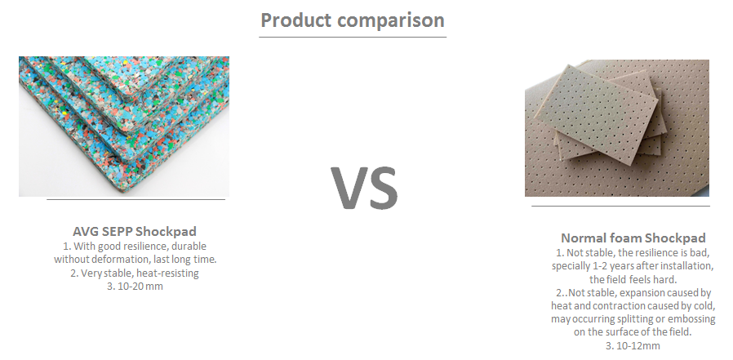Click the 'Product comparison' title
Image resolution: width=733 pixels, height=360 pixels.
click(x=353, y=20)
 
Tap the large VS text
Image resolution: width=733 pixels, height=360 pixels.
click(x=365, y=188)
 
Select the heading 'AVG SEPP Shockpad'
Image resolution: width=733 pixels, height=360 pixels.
click(x=135, y=232)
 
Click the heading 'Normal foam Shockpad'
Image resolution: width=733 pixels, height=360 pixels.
click(x=633, y=238)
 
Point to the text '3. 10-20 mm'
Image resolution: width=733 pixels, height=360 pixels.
click(x=135, y=287)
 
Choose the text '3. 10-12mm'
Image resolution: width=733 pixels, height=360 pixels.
click(x=633, y=346)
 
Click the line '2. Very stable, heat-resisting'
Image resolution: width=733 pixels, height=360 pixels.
click(x=135, y=273)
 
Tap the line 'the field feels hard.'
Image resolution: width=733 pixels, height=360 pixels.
click(x=633, y=279)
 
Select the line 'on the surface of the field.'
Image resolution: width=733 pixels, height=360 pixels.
click(x=633, y=332)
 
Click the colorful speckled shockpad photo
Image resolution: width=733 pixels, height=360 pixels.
click(x=124, y=127)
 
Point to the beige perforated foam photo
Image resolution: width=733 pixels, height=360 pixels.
click(x=617, y=127)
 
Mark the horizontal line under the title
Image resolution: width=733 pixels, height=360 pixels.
click(x=353, y=37)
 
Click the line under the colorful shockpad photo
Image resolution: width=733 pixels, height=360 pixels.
click(x=135, y=200)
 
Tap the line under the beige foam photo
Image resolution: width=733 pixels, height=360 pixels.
click(x=620, y=206)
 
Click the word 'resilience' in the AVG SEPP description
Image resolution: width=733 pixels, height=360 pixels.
click(x=133, y=247)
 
